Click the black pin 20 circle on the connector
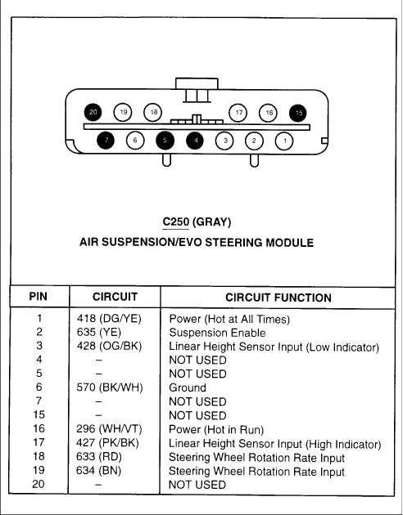click(x=93, y=112)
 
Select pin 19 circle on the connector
click(x=123, y=112)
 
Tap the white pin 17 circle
click(x=238, y=113)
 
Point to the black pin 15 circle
click(x=298, y=113)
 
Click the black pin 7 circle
click(x=106, y=141)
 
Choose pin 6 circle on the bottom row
click(x=135, y=141)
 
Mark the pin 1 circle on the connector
click(x=284, y=141)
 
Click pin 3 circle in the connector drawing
click(x=224, y=141)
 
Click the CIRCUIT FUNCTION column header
click(x=278, y=298)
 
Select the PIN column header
click(x=38, y=297)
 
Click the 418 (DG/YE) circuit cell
click(x=109, y=319)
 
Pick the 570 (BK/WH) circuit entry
click(x=110, y=387)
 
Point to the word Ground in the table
click(x=188, y=388)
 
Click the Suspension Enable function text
click(x=217, y=333)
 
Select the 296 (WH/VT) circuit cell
click(x=109, y=429)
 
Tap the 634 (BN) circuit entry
click(x=98, y=471)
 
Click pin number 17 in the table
click(x=38, y=443)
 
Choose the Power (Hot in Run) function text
click(x=216, y=430)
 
